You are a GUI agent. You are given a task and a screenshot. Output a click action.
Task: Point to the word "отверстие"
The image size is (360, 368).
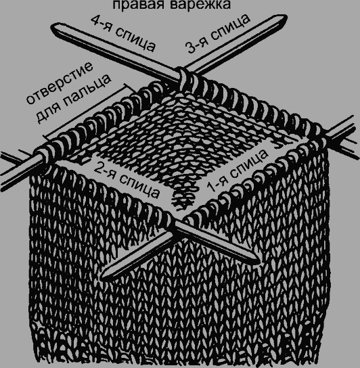click(60, 83)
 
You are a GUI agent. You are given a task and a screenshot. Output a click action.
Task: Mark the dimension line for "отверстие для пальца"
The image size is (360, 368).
click(86, 111)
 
